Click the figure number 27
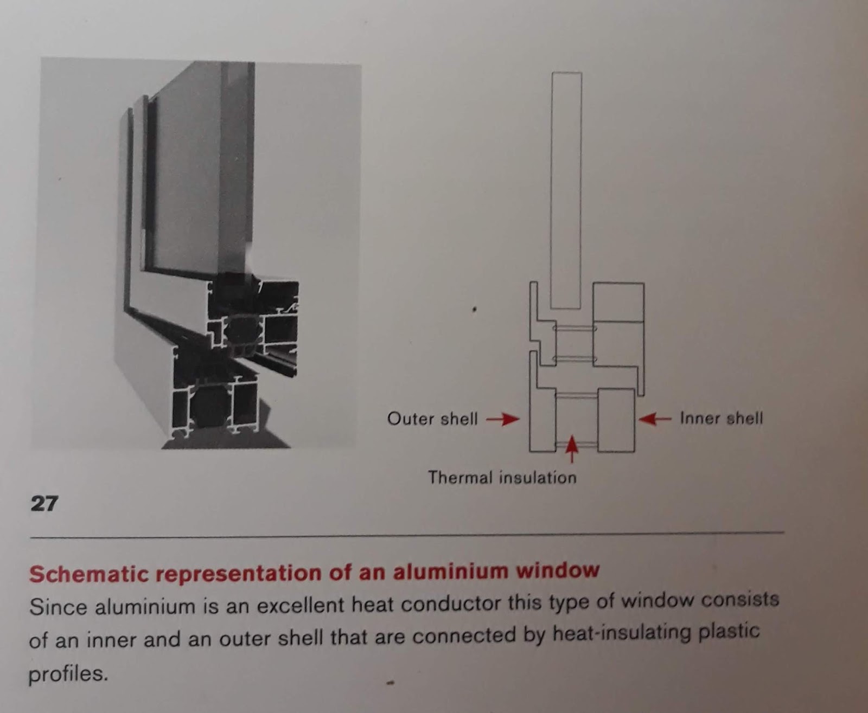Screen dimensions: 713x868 coord(43,504)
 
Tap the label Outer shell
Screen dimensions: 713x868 coord(432,419)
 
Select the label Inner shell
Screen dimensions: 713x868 coord(721,418)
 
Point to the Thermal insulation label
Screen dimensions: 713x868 coord(502,478)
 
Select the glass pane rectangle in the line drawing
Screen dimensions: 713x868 coord(566,190)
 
